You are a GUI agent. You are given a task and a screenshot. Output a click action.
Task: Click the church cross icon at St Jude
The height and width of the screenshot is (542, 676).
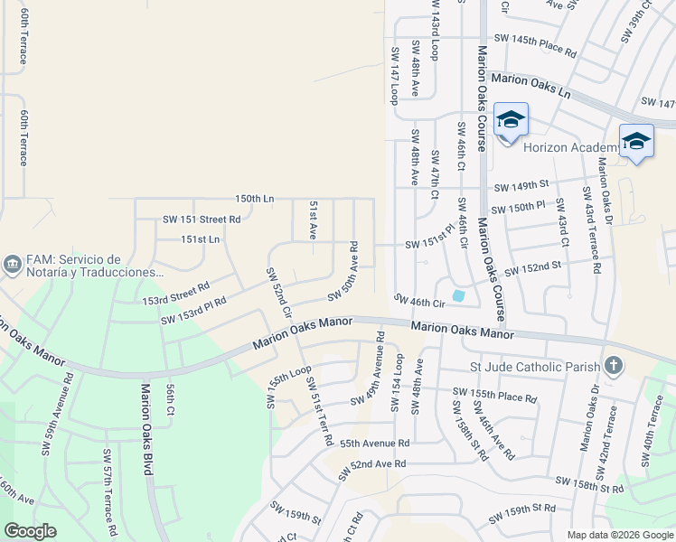click(614, 366)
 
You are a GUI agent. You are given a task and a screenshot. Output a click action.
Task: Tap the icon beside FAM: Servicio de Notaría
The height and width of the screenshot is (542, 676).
click(13, 265)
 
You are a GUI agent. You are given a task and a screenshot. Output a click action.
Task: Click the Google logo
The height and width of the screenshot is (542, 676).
click(31, 531)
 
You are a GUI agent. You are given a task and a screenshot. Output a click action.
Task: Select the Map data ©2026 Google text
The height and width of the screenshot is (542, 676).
click(619, 535)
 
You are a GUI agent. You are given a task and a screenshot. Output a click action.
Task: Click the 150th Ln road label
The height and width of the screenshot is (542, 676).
click(254, 199)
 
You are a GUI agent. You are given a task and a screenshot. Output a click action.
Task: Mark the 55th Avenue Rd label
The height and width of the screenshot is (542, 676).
click(374, 444)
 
